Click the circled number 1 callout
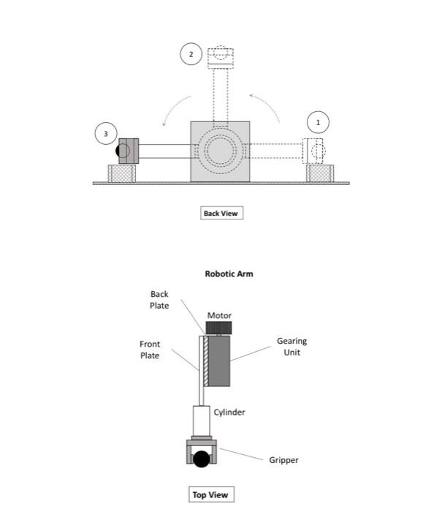pyautogui.click(x=318, y=121)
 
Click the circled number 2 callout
pyautogui.click(x=191, y=54)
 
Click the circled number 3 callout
pyautogui.click(x=105, y=134)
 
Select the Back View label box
pyautogui.click(x=221, y=213)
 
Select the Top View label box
pyautogui.click(x=210, y=495)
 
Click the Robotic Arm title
pyautogui.click(x=229, y=274)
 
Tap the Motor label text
pyautogui.click(x=219, y=315)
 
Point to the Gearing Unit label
pyautogui.click(x=291, y=347)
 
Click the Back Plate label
pyautogui.click(x=159, y=300)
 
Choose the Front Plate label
pyautogui.click(x=150, y=350)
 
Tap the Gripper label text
pyautogui.click(x=283, y=460)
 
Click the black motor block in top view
pyautogui.click(x=219, y=328)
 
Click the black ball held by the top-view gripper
pyautogui.click(x=201, y=459)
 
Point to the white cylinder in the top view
pyautogui.click(x=201, y=421)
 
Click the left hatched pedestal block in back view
pyautogui.click(x=122, y=173)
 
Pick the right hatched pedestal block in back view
pyautogui.click(x=320, y=173)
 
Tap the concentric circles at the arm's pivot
pyautogui.click(x=219, y=151)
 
